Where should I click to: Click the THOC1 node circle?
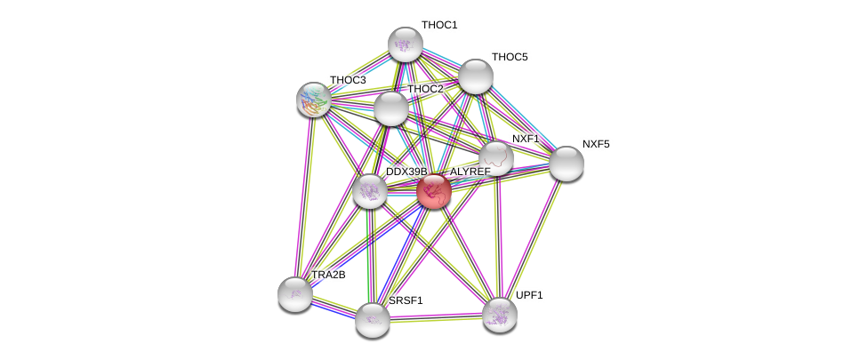click(x=405, y=44)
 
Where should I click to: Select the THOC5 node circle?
click(x=476, y=76)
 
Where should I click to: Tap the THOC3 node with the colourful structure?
click(x=314, y=99)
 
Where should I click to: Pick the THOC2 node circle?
click(x=390, y=108)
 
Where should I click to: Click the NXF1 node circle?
click(x=496, y=157)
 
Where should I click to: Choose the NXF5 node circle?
click(x=566, y=163)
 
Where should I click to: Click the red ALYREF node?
click(x=434, y=190)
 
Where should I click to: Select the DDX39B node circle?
click(x=370, y=190)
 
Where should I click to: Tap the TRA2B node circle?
click(x=295, y=293)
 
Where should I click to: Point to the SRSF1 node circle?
click(x=373, y=319)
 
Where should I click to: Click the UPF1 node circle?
click(x=500, y=314)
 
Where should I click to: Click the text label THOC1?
click(x=439, y=25)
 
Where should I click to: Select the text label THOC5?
click(x=510, y=57)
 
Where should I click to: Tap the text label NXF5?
click(x=596, y=144)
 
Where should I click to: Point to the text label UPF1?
click(x=529, y=295)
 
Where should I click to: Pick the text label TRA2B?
click(x=328, y=275)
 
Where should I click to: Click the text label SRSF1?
click(x=406, y=300)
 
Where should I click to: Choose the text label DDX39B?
click(x=406, y=172)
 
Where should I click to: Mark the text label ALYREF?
click(x=470, y=172)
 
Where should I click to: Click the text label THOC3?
click(x=348, y=80)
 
